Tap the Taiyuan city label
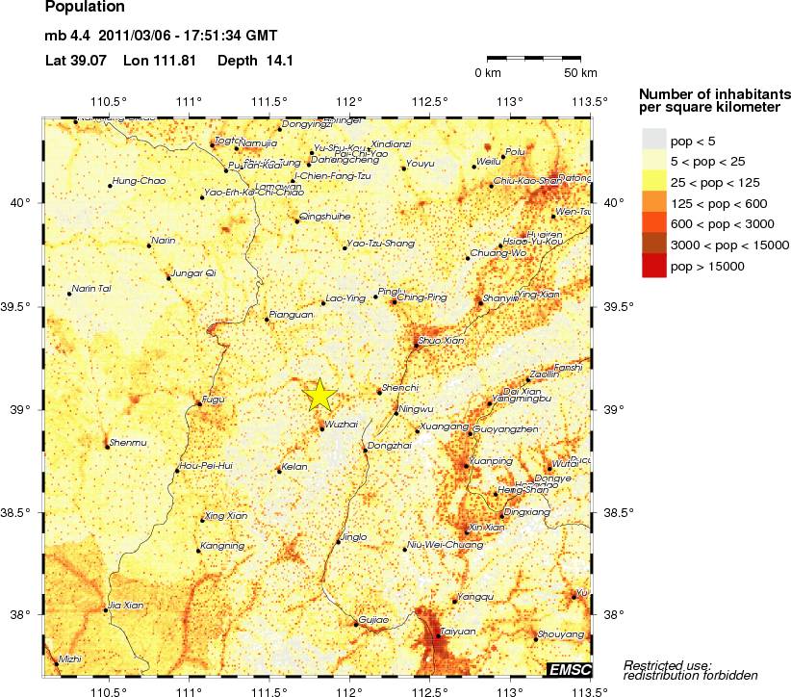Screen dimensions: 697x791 [458, 632]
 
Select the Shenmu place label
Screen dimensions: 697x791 [129, 442]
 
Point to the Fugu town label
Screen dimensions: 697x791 [213, 399]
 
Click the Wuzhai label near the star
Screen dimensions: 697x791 [342, 423]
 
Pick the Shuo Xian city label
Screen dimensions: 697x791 [441, 340]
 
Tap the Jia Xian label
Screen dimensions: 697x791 [126, 605]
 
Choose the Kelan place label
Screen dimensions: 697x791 [294, 466]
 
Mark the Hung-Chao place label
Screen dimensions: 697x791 [139, 180]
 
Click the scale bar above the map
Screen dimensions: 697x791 [534, 58]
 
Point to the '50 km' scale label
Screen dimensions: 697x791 [580, 73]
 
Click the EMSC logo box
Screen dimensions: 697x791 [569, 669]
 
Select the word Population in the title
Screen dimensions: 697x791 [85, 8]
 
